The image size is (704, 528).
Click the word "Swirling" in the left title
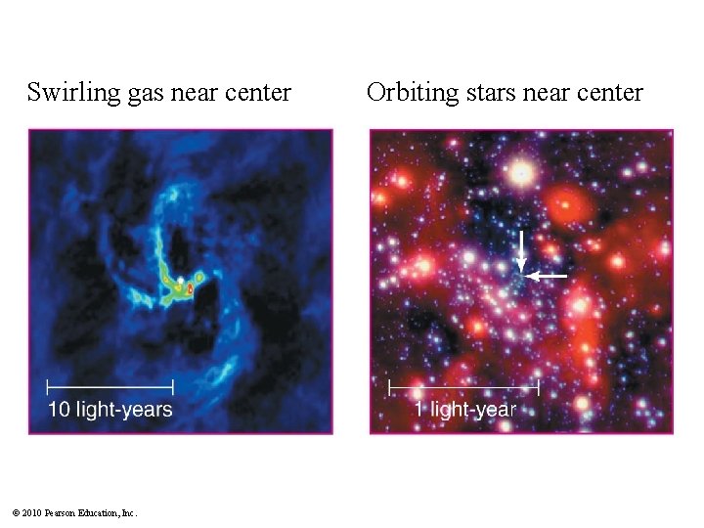(66, 94)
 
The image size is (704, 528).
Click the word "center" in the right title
(609, 94)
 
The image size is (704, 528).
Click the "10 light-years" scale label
(110, 409)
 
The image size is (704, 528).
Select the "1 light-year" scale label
(463, 410)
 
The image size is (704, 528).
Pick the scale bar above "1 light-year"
(463, 388)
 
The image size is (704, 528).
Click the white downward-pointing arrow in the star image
(522, 251)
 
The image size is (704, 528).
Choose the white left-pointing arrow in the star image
(549, 277)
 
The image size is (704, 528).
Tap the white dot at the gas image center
(180, 284)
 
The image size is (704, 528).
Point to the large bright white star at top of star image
(523, 174)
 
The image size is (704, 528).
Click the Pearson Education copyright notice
(74, 512)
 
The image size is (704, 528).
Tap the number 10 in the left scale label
(60, 409)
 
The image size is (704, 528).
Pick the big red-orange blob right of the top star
(565, 206)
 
